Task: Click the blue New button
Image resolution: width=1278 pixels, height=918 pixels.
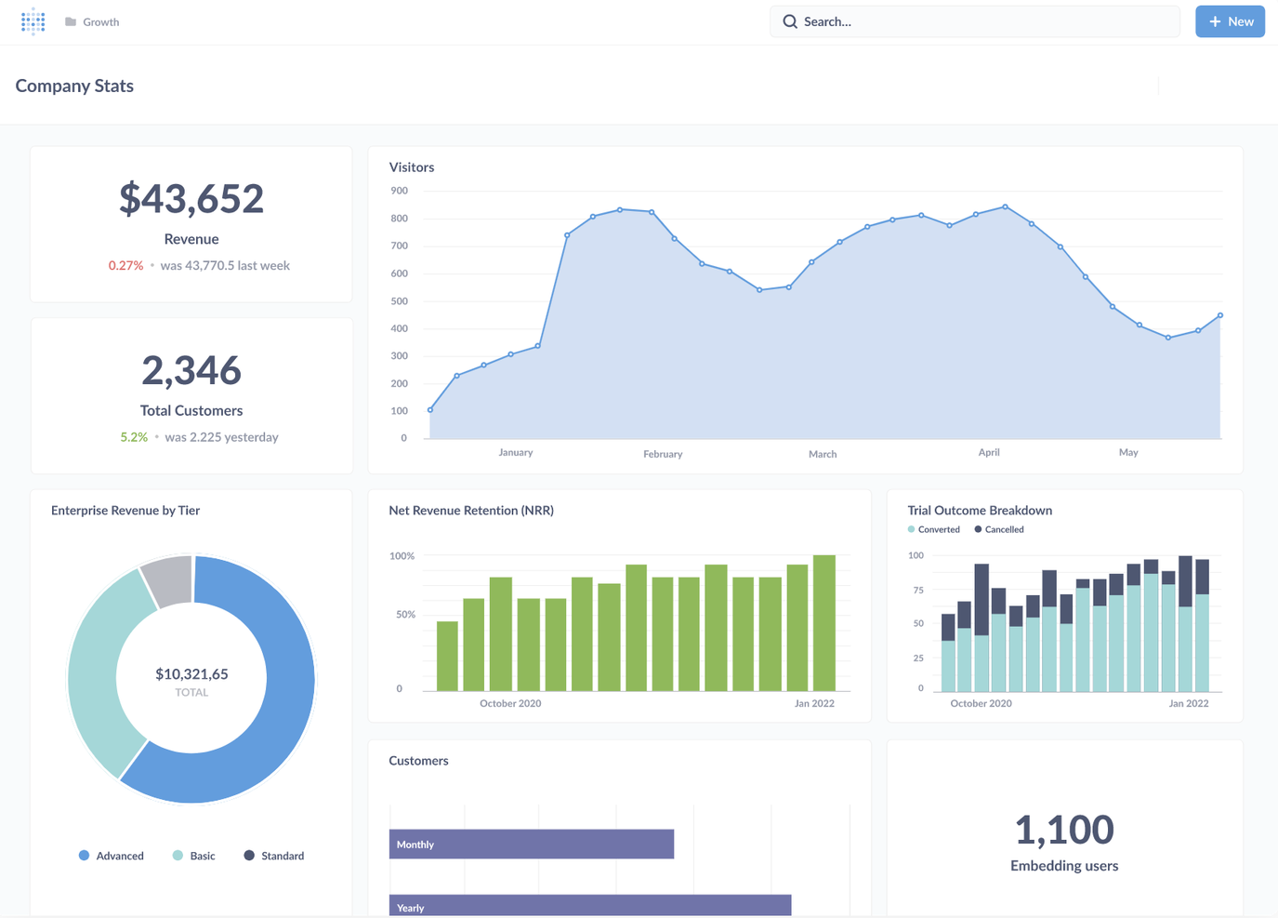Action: point(1230,21)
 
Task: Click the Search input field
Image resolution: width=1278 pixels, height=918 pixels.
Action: point(976,21)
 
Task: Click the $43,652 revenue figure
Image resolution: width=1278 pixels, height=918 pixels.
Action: point(191,199)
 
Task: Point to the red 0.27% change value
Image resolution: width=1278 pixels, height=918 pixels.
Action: point(125,266)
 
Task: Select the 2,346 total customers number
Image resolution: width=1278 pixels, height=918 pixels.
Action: point(191,371)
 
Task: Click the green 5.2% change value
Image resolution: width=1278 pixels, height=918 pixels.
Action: point(134,437)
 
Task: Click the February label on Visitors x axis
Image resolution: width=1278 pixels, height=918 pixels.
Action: point(663,454)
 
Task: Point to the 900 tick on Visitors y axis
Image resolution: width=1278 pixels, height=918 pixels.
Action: point(400,191)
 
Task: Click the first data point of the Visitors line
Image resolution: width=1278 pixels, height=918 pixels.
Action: point(430,410)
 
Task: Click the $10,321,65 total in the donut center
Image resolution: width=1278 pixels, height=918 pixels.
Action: point(191,674)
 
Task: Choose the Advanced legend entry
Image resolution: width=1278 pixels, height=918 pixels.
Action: point(112,856)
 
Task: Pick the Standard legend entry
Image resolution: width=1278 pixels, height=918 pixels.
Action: point(274,856)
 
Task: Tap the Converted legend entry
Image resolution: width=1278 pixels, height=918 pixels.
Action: point(934,530)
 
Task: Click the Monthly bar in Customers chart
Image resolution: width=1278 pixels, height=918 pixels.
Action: point(532,844)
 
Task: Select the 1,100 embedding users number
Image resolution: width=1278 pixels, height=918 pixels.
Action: point(1064,830)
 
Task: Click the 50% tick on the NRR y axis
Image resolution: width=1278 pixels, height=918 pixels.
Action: point(405,615)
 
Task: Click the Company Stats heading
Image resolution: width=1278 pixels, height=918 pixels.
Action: point(74,86)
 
